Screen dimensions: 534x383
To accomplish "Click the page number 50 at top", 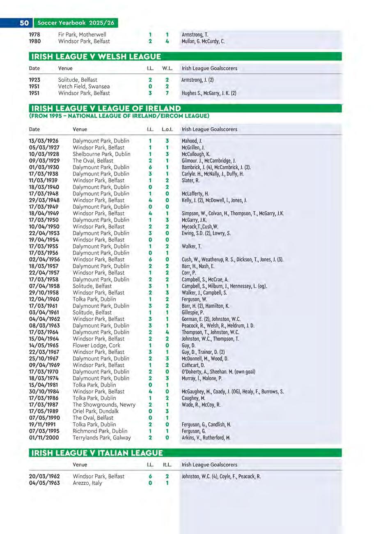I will click(x=24, y=23).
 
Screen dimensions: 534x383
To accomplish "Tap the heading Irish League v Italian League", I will click(x=97, y=453).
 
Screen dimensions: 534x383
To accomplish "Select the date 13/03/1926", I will click(x=44, y=141).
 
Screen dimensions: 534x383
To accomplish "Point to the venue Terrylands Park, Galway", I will click(x=102, y=438).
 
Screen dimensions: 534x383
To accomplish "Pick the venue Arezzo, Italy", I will click(x=87, y=483).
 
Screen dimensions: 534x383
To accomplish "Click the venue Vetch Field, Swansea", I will click(x=84, y=87).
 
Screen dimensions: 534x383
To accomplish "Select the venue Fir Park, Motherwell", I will click(x=82, y=35).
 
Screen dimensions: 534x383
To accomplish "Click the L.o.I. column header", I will click(x=167, y=129).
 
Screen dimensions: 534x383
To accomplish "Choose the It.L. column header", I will click(x=167, y=465).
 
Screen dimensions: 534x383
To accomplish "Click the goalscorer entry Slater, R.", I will click(x=190, y=180).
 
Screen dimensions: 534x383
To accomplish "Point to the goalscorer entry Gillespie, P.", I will click(x=193, y=313).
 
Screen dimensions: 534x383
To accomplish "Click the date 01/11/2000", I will click(x=44, y=438).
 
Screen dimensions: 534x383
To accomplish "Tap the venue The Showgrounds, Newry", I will click(x=104, y=405).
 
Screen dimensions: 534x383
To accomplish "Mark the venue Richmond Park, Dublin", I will click(x=100, y=431).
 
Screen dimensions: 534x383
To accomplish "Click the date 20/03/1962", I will click(x=44, y=476).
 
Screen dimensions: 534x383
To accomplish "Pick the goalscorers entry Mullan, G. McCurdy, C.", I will click(x=203, y=41).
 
